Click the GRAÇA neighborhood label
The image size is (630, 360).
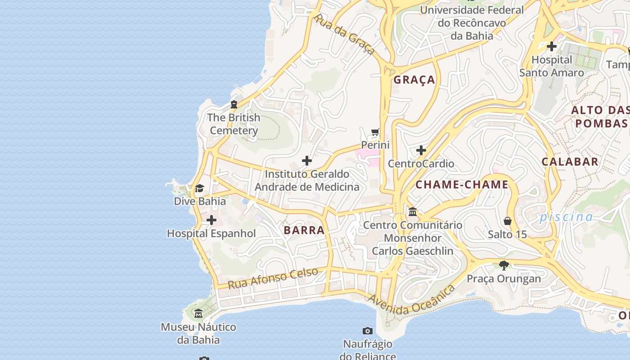[414, 80]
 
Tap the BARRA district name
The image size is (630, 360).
[304, 230]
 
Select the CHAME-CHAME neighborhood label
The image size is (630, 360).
[462, 184]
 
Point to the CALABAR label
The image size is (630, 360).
[570, 162]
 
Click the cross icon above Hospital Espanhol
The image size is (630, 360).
[211, 220]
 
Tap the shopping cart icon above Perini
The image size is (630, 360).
[375, 132]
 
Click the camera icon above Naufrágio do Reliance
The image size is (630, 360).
[368, 331]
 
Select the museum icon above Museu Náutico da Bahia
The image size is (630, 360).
[198, 313]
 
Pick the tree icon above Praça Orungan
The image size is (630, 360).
[504, 265]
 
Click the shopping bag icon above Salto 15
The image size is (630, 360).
[508, 221]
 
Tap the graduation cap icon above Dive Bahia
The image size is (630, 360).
[199, 188]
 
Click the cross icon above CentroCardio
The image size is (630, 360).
[421, 150]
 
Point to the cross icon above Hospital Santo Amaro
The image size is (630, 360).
[552, 46]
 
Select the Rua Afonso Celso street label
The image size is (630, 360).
[273, 279]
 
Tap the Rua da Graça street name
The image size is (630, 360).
[344, 34]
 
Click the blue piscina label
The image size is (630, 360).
[566, 217]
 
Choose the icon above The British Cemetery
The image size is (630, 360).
[234, 104]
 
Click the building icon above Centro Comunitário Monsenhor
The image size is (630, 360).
[413, 211]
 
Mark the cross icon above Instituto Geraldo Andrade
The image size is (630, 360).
[307, 161]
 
